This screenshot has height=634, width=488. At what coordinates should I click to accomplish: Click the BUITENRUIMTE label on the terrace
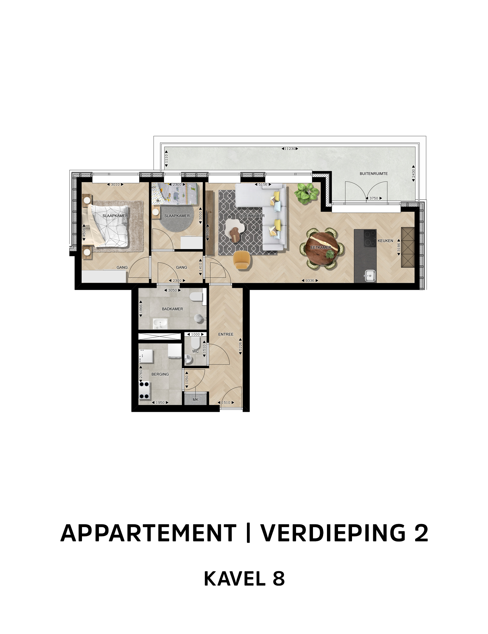coord(373,174)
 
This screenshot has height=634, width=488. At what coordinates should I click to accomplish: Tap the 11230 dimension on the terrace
coord(290,149)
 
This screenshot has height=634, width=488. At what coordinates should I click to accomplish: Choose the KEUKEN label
coord(385,241)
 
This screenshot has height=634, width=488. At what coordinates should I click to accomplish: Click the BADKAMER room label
coord(172,309)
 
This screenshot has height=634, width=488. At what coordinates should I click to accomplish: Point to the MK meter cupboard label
coord(196,400)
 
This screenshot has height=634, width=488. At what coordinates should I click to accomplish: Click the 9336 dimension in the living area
coord(310,281)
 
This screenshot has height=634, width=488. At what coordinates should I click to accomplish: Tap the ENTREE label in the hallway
coord(226,334)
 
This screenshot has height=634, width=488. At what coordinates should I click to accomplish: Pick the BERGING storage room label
coord(160,374)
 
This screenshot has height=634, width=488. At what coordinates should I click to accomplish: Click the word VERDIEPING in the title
coord(333,533)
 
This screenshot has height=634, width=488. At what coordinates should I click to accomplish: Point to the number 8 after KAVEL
coord(278,579)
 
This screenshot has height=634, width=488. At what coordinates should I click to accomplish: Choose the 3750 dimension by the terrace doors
coord(374,198)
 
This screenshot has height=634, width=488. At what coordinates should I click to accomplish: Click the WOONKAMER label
coord(252,216)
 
